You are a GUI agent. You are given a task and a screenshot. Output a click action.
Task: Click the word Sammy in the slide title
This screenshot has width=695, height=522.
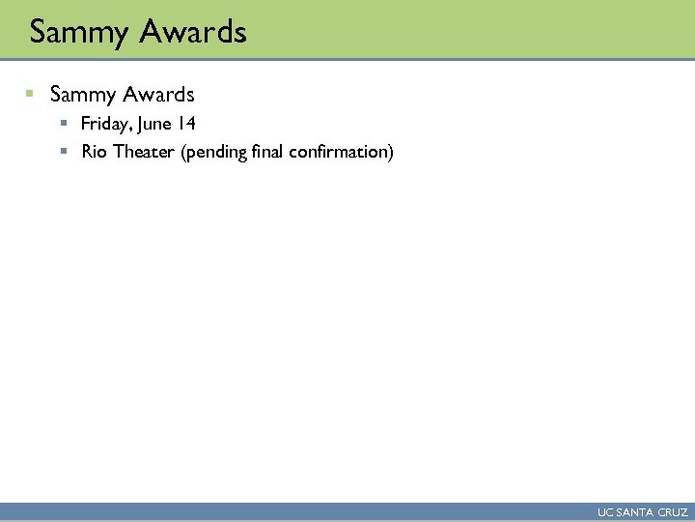(x=79, y=33)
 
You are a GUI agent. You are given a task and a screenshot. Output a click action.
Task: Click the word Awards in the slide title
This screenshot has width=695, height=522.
(x=192, y=33)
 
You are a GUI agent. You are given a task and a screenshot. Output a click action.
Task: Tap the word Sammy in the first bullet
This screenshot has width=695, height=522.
(x=81, y=95)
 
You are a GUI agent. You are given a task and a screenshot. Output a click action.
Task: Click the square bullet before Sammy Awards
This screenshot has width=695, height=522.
(x=30, y=94)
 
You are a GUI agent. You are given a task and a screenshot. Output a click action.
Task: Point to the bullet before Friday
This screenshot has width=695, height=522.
(x=63, y=124)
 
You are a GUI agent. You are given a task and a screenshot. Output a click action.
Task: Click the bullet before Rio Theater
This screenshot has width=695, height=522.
(x=63, y=152)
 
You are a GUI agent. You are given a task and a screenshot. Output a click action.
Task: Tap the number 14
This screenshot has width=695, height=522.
(x=187, y=124)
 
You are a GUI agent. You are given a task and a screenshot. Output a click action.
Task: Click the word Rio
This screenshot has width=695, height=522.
(x=95, y=152)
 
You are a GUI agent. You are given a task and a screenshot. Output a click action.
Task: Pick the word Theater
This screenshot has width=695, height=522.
(x=143, y=152)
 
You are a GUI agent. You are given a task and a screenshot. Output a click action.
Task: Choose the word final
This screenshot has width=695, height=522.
(x=270, y=152)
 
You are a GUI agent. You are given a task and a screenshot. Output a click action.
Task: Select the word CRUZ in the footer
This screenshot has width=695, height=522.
(x=672, y=512)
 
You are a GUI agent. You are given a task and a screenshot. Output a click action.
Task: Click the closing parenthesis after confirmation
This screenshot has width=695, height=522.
(x=391, y=153)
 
